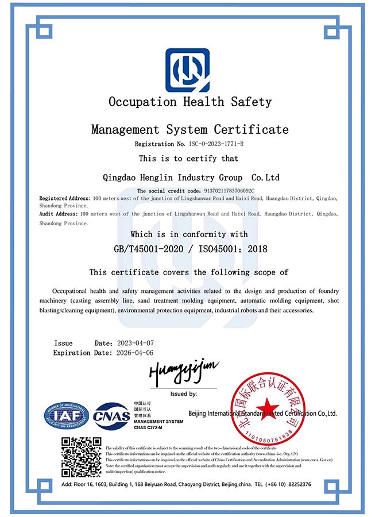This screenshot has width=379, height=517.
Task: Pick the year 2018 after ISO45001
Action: (x=253, y=249)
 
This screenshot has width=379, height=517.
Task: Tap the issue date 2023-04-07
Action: (x=135, y=343)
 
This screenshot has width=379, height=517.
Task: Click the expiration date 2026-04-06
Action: (x=135, y=353)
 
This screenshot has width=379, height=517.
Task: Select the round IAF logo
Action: (x=67, y=415)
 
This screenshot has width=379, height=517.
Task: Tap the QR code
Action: (x=81, y=457)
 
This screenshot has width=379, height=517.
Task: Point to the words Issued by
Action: (x=184, y=394)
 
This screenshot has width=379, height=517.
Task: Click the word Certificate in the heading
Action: (x=252, y=129)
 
